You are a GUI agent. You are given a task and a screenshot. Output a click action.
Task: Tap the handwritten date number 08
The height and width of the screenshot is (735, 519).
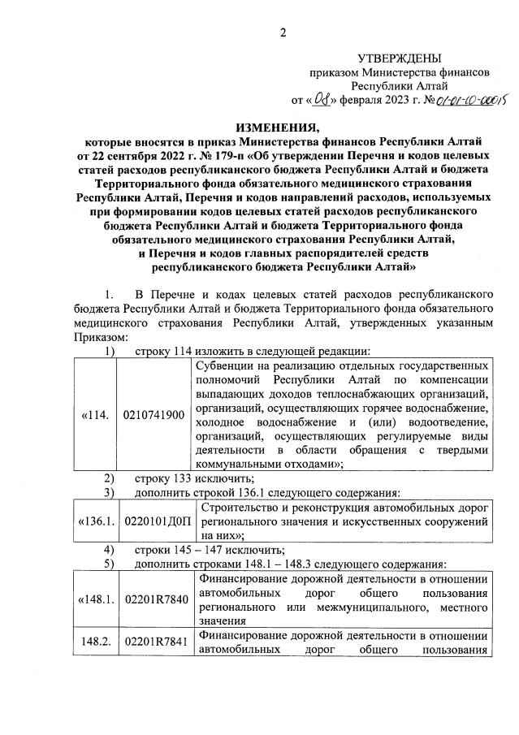point(323,100)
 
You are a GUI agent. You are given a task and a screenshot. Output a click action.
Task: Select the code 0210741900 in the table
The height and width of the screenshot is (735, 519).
point(154,415)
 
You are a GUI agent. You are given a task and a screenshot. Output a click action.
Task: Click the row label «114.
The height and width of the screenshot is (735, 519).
point(95,415)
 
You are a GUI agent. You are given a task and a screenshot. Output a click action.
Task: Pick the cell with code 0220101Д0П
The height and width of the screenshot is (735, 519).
point(156,520)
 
